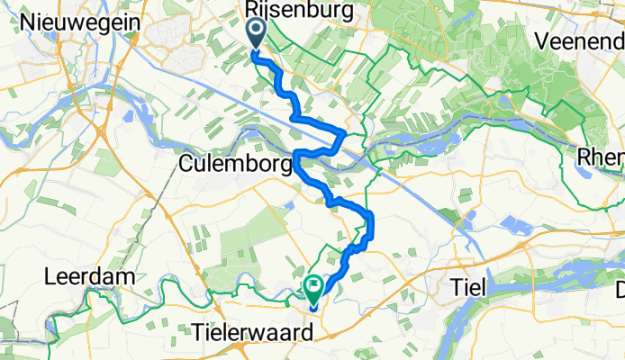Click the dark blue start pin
click(256, 34)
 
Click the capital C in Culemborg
click(186, 165)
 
